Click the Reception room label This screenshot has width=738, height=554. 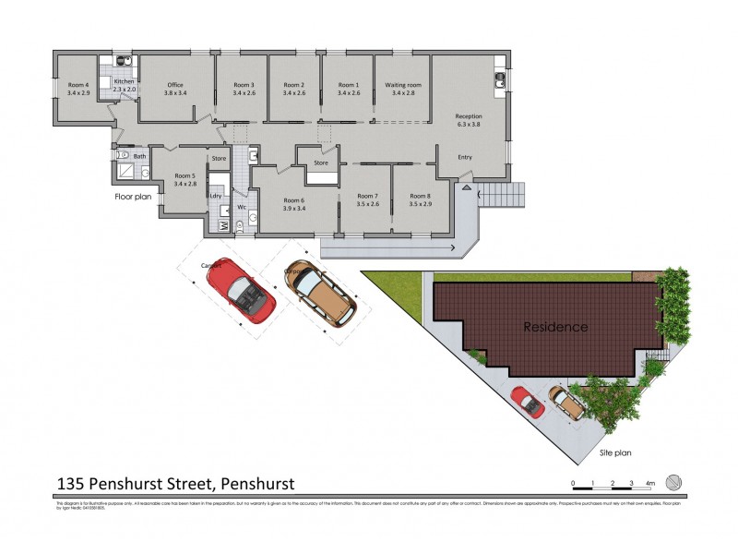[x=469, y=115]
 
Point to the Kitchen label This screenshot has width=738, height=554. [x=124, y=82]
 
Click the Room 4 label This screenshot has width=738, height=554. [x=78, y=85]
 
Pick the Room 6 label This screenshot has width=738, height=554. [x=293, y=200]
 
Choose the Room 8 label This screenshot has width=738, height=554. [x=420, y=196]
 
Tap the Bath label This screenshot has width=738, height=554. [x=139, y=156]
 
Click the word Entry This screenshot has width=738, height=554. [x=465, y=157]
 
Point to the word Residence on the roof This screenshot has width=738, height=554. [x=555, y=327]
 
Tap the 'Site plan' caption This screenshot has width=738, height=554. [x=615, y=453]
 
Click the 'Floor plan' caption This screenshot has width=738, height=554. [x=133, y=197]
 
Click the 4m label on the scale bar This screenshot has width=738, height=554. [x=650, y=483]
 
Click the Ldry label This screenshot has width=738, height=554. [x=216, y=195]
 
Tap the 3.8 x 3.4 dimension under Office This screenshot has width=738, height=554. [x=175, y=93]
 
